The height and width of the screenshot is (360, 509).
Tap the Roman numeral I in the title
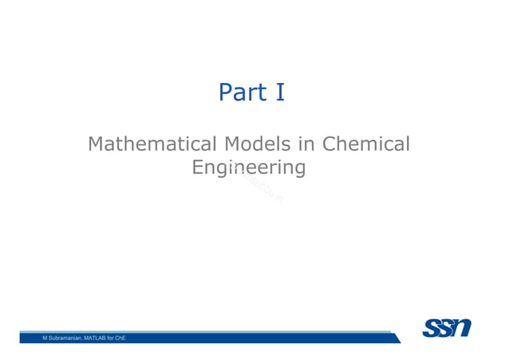tap(279, 93)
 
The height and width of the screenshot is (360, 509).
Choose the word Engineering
tap(250, 168)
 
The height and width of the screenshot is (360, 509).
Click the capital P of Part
tap(226, 93)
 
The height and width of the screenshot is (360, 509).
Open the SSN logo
tap(447, 327)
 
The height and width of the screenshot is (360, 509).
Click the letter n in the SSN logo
tap(461, 327)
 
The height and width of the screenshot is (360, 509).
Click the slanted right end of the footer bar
tap(397, 338)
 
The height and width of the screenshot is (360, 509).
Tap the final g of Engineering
tap(299, 171)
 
